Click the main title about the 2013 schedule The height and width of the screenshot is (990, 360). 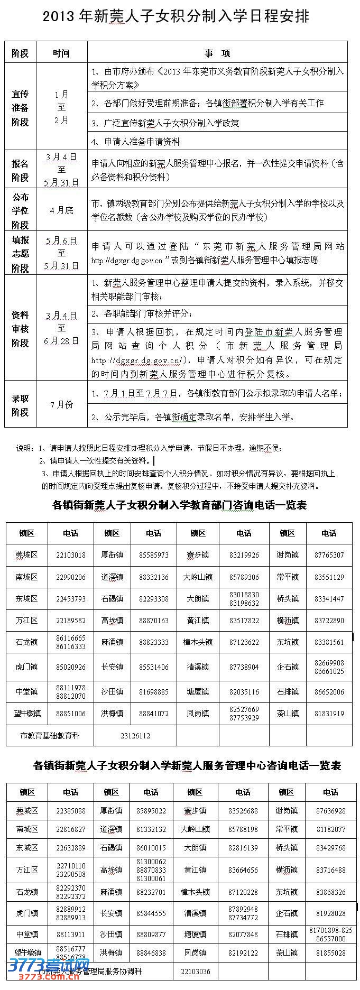pos(176,17)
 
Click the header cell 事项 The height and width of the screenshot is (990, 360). pos(217,53)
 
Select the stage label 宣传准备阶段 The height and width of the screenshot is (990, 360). pos(20,108)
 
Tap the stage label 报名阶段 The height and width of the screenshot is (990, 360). pos(20,171)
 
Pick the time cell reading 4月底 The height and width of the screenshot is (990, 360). pos(61,210)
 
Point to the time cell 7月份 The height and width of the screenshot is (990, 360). pos(61,404)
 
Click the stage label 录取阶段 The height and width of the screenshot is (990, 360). pos(20,405)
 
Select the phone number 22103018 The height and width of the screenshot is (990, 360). pos(70,555)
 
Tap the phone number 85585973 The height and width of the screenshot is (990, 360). pos(154,555)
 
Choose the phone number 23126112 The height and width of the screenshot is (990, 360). pos(135,735)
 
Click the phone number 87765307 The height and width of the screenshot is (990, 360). pos(329,555)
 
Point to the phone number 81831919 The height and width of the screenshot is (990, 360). pos(329,713)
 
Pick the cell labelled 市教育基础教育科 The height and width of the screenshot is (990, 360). pos(50,735)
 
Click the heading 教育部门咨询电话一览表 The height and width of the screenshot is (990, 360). pos(179,505)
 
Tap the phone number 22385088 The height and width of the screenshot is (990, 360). pos(70,811)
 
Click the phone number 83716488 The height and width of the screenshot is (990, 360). pos(331,869)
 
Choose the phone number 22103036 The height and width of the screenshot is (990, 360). pos(195,972)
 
